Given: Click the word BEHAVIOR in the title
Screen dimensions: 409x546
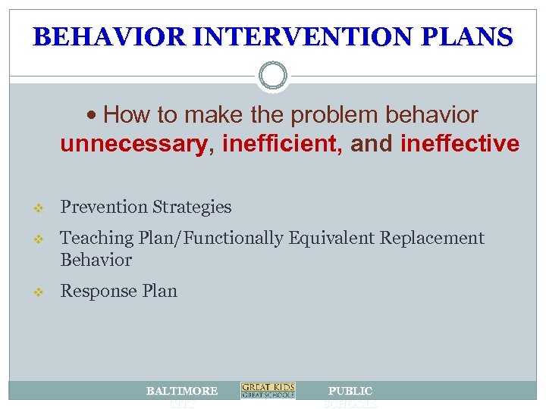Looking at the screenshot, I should (97, 37).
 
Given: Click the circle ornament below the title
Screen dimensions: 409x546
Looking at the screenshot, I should (273, 76).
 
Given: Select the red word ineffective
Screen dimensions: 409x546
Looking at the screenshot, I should (463, 144).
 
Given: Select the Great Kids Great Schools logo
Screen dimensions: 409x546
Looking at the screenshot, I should (268, 390).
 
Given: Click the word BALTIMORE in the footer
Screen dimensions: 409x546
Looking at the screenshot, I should (182, 391).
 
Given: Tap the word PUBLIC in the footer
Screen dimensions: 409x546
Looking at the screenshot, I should (350, 391).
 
